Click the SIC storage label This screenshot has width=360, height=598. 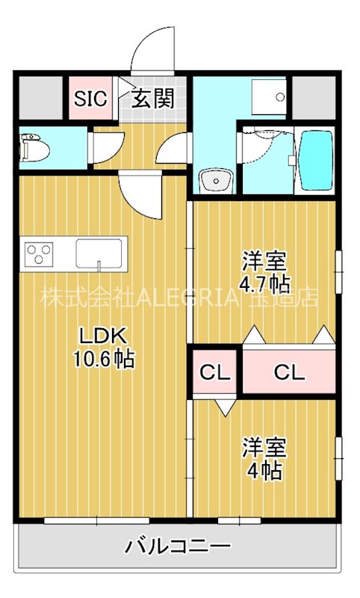(x=90, y=98)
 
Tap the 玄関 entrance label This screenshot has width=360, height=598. (x=153, y=98)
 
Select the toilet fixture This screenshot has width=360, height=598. (x=34, y=147)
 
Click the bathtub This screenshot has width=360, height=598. (x=314, y=160)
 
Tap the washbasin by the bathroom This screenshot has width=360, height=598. (x=216, y=180)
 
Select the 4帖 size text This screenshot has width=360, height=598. (x=264, y=471)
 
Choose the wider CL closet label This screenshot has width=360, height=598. (x=289, y=372)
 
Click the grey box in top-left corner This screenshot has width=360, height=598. (x=40, y=97)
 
